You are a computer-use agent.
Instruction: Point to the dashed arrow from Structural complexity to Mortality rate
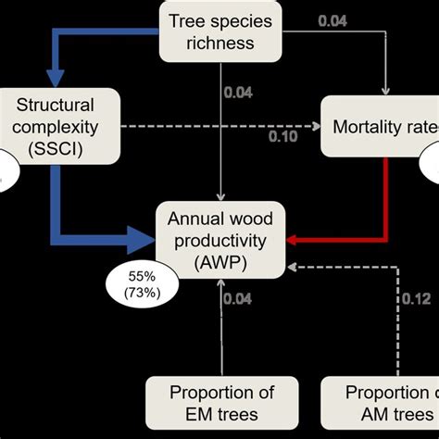pos(222,123)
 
